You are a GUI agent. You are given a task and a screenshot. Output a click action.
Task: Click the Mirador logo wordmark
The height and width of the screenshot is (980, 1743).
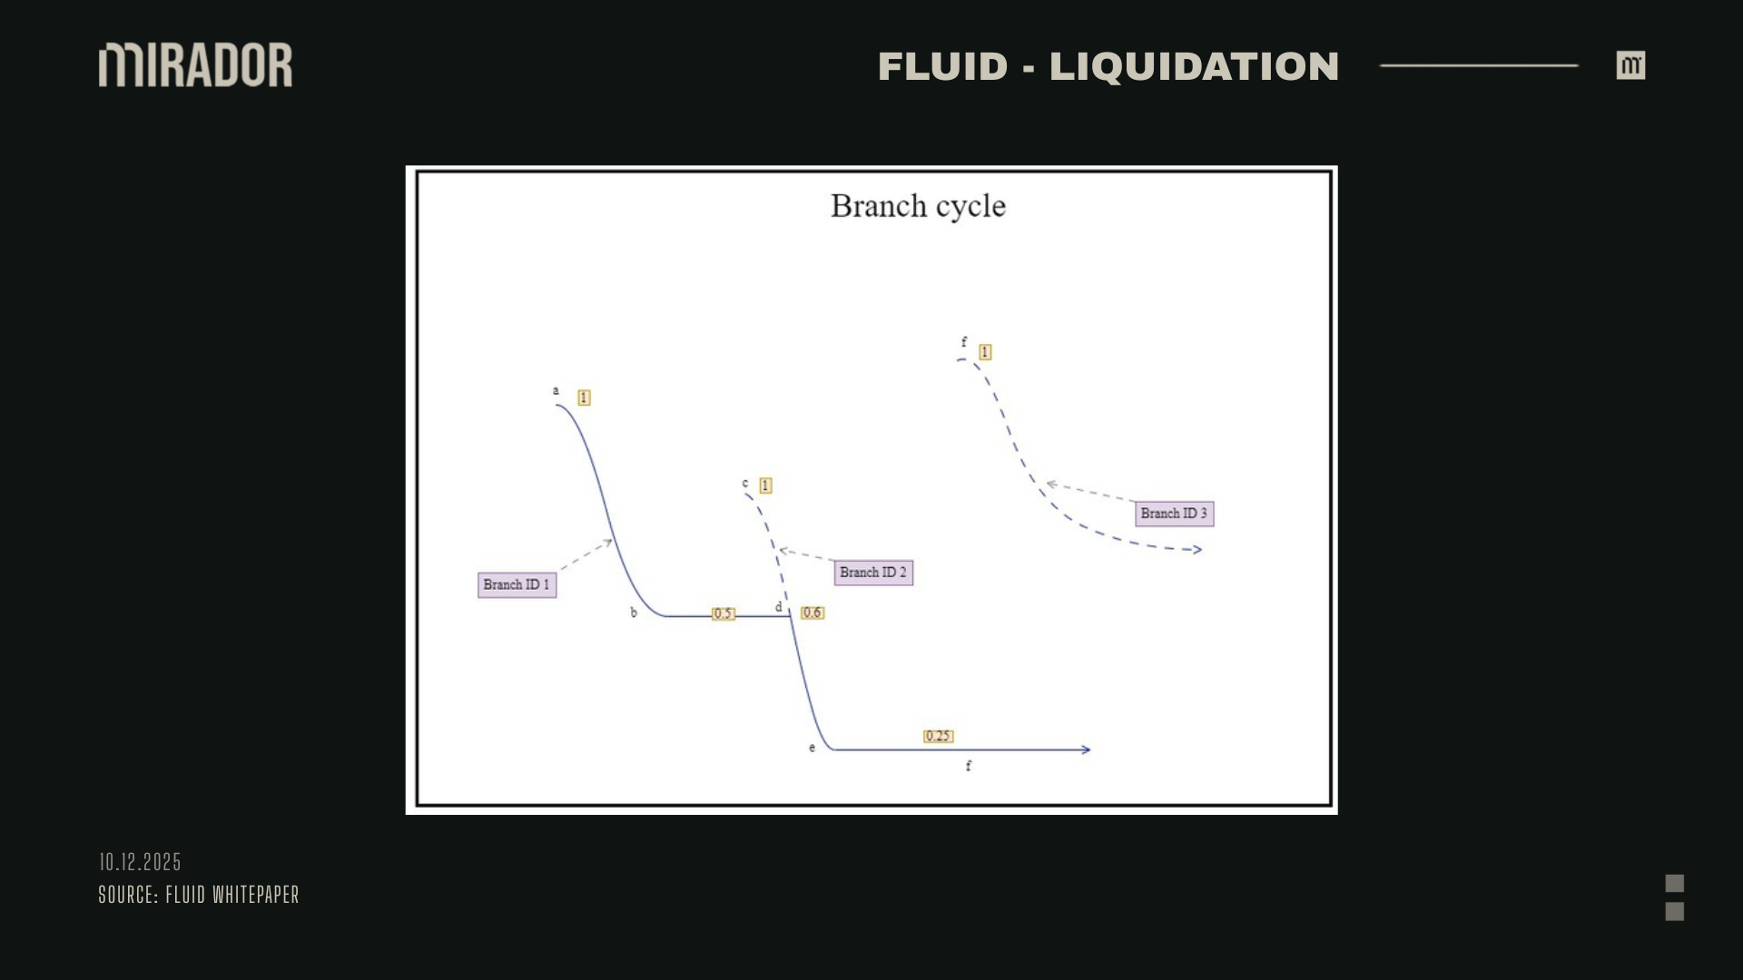pyautogui.click(x=195, y=65)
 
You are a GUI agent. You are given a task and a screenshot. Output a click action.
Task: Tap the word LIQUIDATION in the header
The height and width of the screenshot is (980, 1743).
pyautogui.click(x=1194, y=67)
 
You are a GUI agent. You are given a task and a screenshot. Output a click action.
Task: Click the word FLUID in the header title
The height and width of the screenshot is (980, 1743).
pyautogui.click(x=942, y=67)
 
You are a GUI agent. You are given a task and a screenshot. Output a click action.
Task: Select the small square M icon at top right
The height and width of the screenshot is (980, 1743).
pyautogui.click(x=1630, y=65)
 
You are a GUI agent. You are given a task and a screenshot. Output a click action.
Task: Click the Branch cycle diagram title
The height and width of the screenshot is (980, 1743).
pyautogui.click(x=918, y=206)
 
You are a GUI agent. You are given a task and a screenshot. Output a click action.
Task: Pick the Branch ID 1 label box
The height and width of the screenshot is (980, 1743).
pyautogui.click(x=517, y=584)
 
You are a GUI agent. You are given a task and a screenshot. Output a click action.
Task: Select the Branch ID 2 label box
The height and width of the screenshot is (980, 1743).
pyautogui.click(x=872, y=573)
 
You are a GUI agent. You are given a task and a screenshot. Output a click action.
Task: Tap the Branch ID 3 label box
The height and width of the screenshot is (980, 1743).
pyautogui.click(x=1174, y=514)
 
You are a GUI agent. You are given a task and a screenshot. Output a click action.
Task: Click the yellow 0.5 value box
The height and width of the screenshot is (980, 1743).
pyautogui.click(x=723, y=613)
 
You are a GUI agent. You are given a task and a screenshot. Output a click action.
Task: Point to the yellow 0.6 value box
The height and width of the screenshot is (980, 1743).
pyautogui.click(x=812, y=612)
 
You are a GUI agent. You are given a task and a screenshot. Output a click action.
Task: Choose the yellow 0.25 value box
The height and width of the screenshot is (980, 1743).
pyautogui.click(x=938, y=736)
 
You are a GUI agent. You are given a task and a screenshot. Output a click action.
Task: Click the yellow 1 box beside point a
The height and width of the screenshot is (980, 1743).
pyautogui.click(x=584, y=397)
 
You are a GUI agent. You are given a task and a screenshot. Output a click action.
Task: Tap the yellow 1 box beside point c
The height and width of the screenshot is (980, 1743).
pyautogui.click(x=765, y=485)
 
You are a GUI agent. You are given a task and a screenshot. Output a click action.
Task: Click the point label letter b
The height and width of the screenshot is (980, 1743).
pyautogui.click(x=634, y=612)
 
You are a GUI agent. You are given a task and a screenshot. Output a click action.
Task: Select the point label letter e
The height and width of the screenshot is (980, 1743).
pyautogui.click(x=812, y=748)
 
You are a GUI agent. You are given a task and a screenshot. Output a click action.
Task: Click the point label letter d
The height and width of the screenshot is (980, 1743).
pyautogui.click(x=778, y=607)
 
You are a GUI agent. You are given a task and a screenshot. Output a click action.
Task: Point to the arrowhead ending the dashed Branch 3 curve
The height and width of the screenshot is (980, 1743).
pyautogui.click(x=1197, y=549)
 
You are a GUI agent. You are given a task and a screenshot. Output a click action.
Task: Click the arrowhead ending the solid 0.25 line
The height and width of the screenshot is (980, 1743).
pyautogui.click(x=1086, y=750)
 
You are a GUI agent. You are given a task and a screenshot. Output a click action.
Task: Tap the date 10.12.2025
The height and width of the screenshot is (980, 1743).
pyautogui.click(x=140, y=862)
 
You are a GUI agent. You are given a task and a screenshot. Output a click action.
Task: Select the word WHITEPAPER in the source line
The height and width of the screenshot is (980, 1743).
pyautogui.click(x=255, y=895)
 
